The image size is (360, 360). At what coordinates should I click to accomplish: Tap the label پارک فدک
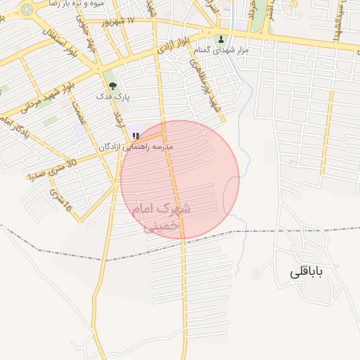pyautogui.click(x=112, y=96)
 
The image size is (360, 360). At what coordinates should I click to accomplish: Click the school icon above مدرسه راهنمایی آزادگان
pyautogui.click(x=135, y=136)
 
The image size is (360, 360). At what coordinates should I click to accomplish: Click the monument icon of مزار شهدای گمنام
pyautogui.click(x=222, y=39)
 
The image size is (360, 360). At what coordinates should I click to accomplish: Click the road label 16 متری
pyautogui.click(x=60, y=199)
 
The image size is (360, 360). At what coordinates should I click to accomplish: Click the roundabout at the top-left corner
pyautogui.click(x=27, y=10)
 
